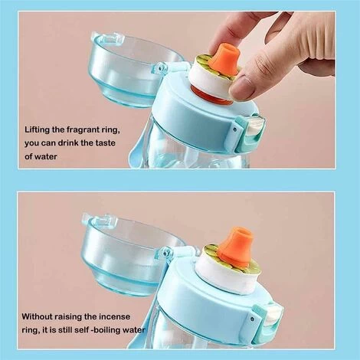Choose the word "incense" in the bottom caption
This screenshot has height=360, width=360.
click(x=111, y=316)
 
